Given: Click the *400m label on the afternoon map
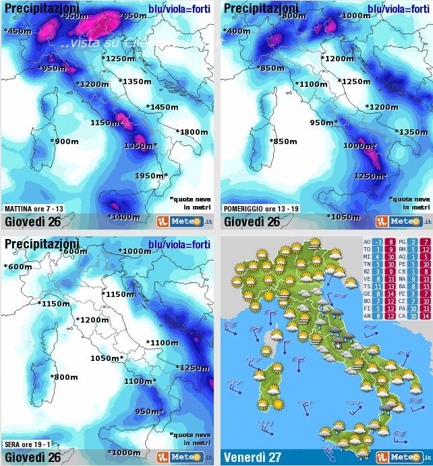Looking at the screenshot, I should (x=236, y=31).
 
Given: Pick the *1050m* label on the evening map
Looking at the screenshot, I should (x=107, y=358).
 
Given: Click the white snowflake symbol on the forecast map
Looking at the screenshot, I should (x=338, y=346).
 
